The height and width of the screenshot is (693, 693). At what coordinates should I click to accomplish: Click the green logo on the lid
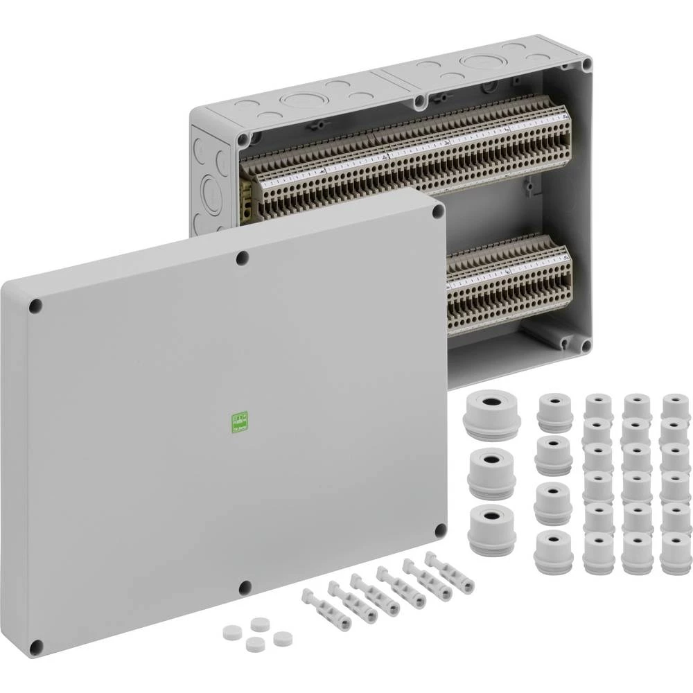[x=238, y=422]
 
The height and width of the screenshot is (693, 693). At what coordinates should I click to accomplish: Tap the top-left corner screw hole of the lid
[x=35, y=305]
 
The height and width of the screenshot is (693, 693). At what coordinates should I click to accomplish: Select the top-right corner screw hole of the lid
[x=438, y=211]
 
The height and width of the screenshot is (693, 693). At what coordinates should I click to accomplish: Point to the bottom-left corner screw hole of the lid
[x=37, y=644]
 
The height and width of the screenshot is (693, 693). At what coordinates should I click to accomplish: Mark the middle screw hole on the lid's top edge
[x=243, y=258]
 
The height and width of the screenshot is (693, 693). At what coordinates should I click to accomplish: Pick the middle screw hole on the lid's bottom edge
[x=245, y=588]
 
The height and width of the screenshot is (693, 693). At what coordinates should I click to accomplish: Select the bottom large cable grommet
[x=492, y=530]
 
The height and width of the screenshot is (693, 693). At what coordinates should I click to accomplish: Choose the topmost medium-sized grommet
[x=555, y=412]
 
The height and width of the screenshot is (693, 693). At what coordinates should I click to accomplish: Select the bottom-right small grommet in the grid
[x=676, y=553]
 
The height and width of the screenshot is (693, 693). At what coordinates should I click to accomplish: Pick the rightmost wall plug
[x=450, y=572]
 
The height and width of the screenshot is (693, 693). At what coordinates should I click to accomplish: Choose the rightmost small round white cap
[x=281, y=638]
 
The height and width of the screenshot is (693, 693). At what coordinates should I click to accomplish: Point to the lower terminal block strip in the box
[x=509, y=284]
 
